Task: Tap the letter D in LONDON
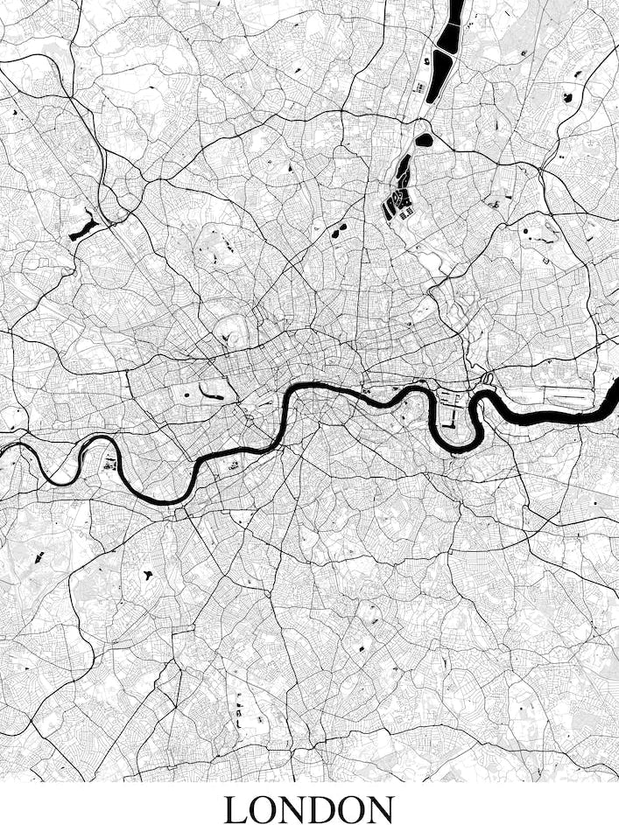[322, 808]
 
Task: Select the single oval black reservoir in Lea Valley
[424, 139]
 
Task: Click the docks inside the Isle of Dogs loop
[451, 409]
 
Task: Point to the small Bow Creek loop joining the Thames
[487, 381]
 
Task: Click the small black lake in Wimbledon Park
[147, 577]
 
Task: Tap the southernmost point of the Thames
[166, 502]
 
